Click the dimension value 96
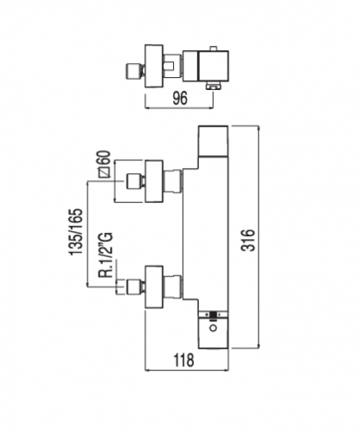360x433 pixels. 180,98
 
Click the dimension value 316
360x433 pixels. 248,240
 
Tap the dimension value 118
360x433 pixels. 183,360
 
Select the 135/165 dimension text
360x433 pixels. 76,231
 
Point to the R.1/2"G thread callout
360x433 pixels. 105,255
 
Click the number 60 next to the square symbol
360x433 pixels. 104,158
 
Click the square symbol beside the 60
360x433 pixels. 104,172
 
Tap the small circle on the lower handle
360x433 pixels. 214,328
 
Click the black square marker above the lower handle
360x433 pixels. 214,314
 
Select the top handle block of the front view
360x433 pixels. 214,141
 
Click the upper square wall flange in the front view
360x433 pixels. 154,181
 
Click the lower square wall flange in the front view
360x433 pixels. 154,287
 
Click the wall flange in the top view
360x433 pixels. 154,66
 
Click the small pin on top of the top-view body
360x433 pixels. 214,48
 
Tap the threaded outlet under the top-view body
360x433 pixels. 213,86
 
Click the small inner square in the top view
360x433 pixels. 169,67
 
